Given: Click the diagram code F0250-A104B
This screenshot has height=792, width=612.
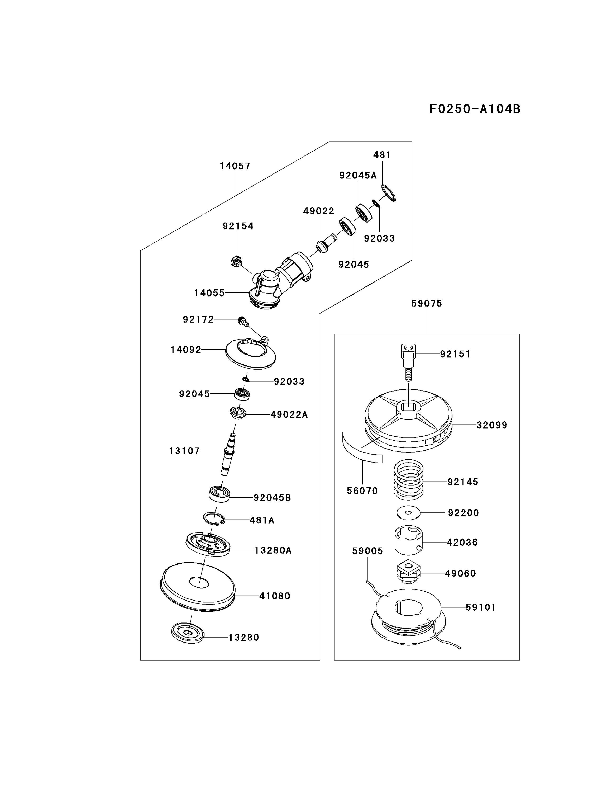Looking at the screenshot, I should coord(475,109).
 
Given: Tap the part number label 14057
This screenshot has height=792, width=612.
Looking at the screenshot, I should coord(235,166).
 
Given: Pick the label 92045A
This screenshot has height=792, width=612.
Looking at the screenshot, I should coord(358,176).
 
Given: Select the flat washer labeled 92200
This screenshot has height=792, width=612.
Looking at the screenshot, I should coord(408,512).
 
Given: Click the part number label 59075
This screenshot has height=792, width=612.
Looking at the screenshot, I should coord(427,304).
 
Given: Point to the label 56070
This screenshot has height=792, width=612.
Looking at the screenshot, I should coord(362,491).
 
